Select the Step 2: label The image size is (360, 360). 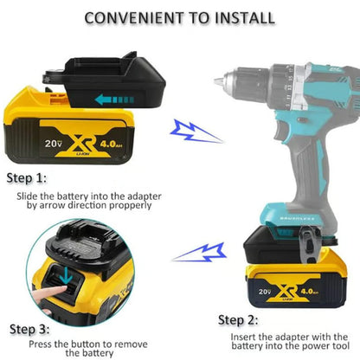coord(238,319)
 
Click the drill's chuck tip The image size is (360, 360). coord(211,80)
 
